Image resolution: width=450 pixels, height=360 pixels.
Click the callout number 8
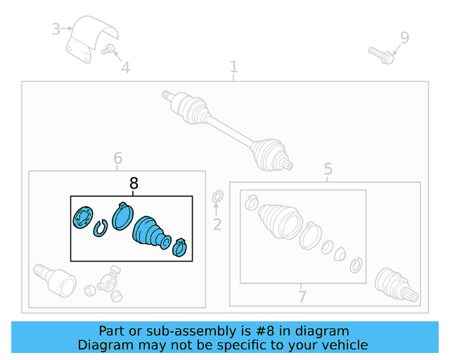[x=134, y=183]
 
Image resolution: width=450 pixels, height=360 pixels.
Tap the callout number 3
[x=56, y=29]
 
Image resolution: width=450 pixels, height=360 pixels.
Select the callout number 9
[x=405, y=37]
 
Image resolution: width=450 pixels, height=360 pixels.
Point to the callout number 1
[x=234, y=67]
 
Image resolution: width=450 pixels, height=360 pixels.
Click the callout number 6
[x=118, y=158]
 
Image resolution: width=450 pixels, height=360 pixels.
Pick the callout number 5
[x=328, y=169]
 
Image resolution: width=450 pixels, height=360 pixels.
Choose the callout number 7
[x=302, y=297]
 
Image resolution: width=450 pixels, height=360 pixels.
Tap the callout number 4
[x=126, y=67]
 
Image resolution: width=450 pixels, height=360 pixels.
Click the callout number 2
[x=217, y=224]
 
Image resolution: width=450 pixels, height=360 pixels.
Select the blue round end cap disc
[x=83, y=217]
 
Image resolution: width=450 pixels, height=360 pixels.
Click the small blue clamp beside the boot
[x=180, y=247]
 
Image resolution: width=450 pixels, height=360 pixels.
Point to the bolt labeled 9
[x=381, y=56]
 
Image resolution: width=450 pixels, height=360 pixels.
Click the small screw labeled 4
[x=108, y=49]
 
